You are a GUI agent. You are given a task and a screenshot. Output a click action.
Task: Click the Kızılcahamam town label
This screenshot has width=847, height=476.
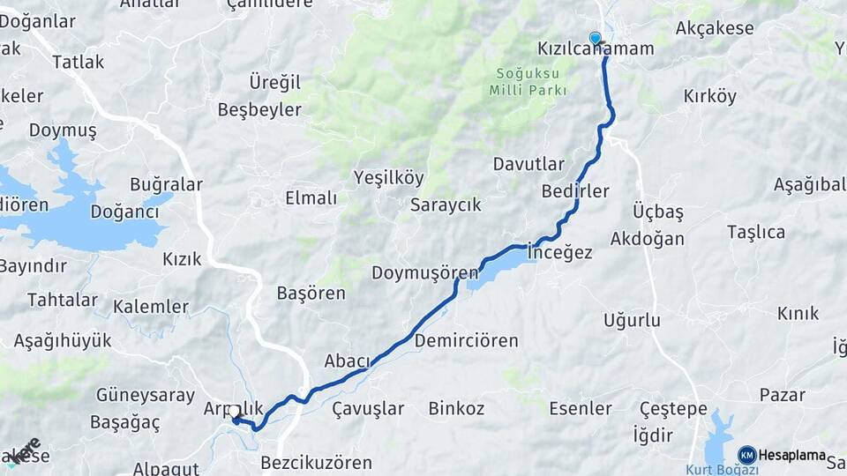coord(596,48)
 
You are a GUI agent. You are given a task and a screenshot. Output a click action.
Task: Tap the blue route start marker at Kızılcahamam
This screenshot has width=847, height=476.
coord(596,38)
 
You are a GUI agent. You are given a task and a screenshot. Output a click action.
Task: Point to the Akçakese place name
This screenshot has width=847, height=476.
coord(715,28)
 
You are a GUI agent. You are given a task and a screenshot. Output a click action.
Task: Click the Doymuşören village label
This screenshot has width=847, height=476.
coord(425,272)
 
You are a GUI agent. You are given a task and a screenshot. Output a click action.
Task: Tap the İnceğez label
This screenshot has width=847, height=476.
coord(559,252)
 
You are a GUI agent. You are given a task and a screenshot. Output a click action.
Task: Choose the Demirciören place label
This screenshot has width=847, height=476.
coord(466,340)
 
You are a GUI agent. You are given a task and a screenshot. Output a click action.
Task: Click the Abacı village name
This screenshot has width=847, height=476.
coord(347,360)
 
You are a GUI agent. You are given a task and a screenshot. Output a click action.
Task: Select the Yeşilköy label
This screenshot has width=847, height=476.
coord(388,177)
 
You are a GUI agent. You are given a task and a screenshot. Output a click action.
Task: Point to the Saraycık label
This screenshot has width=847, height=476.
coord(446,205)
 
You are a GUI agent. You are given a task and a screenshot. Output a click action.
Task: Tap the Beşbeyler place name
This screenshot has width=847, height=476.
coord(259,109)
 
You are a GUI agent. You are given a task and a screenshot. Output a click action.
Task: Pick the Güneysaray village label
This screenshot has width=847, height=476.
coord(145,395)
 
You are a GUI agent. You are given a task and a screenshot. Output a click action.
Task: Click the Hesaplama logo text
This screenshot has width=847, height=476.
coord(791,455)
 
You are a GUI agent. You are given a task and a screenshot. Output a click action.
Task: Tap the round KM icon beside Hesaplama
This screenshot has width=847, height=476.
coord(746,455)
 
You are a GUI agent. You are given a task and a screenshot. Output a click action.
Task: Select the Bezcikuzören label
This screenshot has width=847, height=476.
coord(316,462)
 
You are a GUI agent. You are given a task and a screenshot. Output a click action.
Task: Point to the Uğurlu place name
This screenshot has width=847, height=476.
coord(632,321)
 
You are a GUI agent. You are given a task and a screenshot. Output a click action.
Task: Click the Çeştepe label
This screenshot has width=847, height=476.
coord(673,408)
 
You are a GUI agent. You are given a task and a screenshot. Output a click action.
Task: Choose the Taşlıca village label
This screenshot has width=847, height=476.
coord(755,232)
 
